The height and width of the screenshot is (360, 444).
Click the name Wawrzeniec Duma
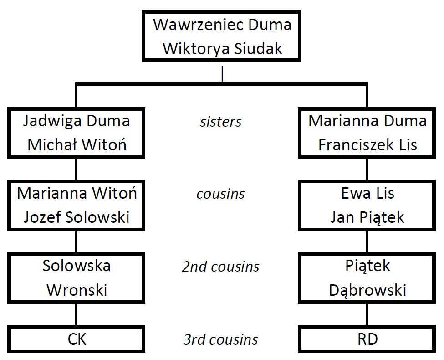click(x=222, y=25)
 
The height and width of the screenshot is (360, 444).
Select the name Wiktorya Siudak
click(x=222, y=48)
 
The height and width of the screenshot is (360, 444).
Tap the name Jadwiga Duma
click(x=76, y=121)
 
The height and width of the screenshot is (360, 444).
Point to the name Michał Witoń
click(x=76, y=145)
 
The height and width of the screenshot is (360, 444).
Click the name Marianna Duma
click(x=367, y=121)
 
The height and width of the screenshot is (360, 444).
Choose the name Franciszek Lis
click(x=367, y=145)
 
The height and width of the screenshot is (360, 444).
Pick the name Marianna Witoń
click(x=77, y=193)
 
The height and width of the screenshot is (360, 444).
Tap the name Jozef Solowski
click(x=77, y=217)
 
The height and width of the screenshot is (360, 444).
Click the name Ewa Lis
click(x=367, y=193)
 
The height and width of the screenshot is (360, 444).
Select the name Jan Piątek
click(x=367, y=217)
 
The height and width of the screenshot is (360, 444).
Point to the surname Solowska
click(x=77, y=266)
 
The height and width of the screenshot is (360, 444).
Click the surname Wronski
click(x=77, y=289)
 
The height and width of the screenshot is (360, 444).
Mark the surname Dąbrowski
click(x=367, y=289)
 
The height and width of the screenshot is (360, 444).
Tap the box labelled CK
click(x=77, y=339)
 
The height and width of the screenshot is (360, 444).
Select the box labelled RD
click(x=367, y=339)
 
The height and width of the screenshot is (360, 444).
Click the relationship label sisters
click(x=221, y=122)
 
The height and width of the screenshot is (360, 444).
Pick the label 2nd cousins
click(x=221, y=267)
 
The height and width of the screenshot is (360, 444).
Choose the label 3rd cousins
click(x=221, y=339)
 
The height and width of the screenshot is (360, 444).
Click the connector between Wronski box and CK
click(x=76, y=314)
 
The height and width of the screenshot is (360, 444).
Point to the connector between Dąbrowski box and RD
click(x=367, y=314)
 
